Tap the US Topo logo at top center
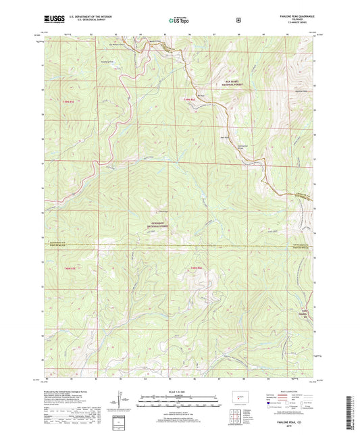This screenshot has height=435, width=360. coord(179,21)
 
